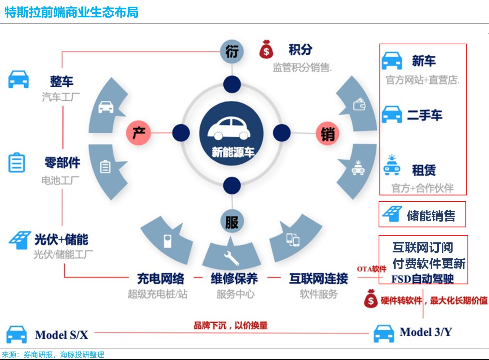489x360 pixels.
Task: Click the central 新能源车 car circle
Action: (x=231, y=133)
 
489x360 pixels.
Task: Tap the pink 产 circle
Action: (x=139, y=133)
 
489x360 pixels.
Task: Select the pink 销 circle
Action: (x=328, y=134)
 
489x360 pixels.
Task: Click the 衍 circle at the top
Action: (x=232, y=51)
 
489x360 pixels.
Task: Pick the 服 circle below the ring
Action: (x=232, y=222)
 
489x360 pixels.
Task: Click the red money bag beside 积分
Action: (x=266, y=50)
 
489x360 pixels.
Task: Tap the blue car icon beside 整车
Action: (x=18, y=79)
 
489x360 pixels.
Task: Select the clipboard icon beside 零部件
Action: (x=16, y=162)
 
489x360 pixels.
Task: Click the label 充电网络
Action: (x=161, y=279)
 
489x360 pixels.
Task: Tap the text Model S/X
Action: (x=62, y=335)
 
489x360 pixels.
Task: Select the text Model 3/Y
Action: (x=426, y=332)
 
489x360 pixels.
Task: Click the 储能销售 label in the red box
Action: (x=431, y=216)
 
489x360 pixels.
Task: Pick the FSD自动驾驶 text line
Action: (x=423, y=279)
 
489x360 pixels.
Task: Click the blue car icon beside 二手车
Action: (x=392, y=114)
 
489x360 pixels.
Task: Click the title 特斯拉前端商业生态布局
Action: (x=71, y=12)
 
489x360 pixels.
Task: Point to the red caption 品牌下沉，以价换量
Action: (x=231, y=325)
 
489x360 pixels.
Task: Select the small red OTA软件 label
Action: (x=371, y=269)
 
